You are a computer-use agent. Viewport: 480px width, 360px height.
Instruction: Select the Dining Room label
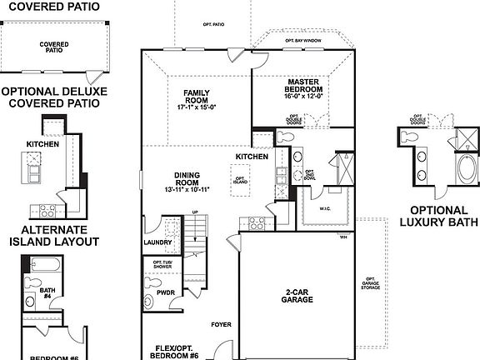coord(187,181)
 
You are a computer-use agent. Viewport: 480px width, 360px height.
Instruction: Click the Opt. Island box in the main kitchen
coord(240,179)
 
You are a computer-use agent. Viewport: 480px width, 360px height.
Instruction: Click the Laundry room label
coord(157,243)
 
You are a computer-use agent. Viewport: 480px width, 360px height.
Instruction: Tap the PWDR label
coord(165,293)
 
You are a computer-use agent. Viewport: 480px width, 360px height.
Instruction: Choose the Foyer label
coord(221,324)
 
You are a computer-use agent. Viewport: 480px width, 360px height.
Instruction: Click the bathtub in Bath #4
coord(42,267)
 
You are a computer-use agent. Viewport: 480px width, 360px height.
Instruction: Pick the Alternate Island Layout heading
coord(50,236)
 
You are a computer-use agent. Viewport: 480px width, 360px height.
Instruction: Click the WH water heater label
coord(342,237)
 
